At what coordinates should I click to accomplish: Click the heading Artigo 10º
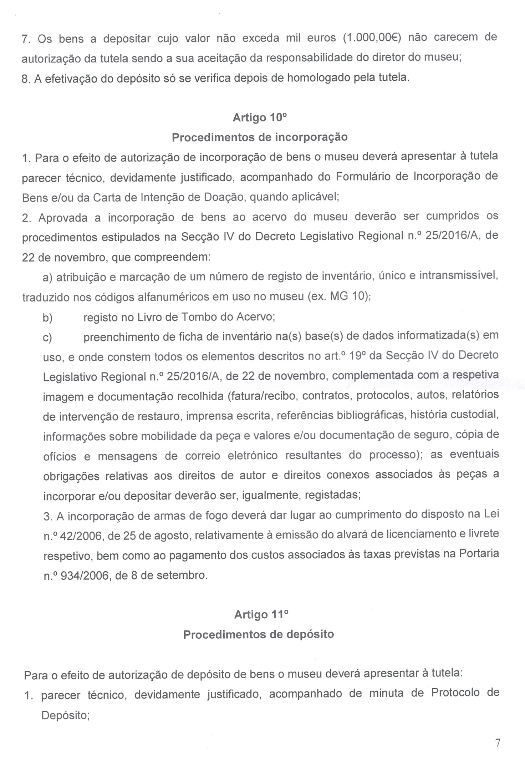[x=259, y=118]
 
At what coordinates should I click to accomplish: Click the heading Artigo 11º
[x=261, y=614]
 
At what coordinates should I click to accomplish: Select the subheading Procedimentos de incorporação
[x=260, y=137]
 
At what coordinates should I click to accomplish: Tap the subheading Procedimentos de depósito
[x=259, y=634]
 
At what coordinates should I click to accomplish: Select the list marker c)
[x=47, y=337]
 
